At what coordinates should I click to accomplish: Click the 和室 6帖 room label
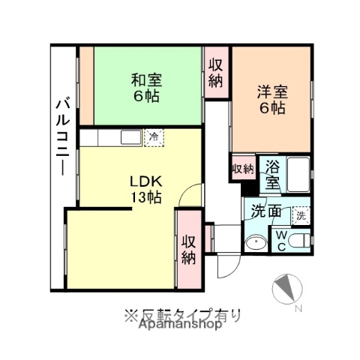pyautogui.click(x=147, y=88)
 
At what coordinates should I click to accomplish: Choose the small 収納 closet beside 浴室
pyautogui.click(x=243, y=169)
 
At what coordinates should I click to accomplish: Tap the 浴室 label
pyautogui.click(x=272, y=175)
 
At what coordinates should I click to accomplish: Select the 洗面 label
pyautogui.click(x=266, y=211)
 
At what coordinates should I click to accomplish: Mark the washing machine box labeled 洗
pyautogui.click(x=301, y=214)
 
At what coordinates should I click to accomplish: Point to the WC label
pyautogui.click(x=280, y=241)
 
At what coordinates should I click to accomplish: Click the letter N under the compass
pyautogui.click(x=298, y=309)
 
